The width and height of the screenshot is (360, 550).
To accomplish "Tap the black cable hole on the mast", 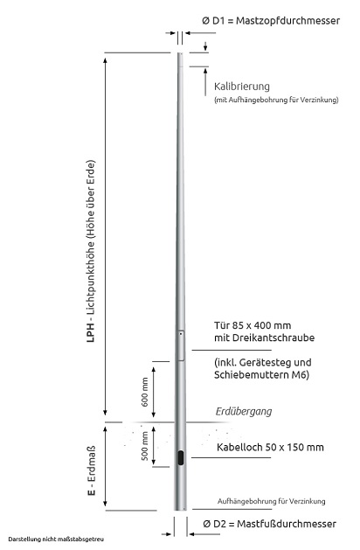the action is point(179,458).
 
